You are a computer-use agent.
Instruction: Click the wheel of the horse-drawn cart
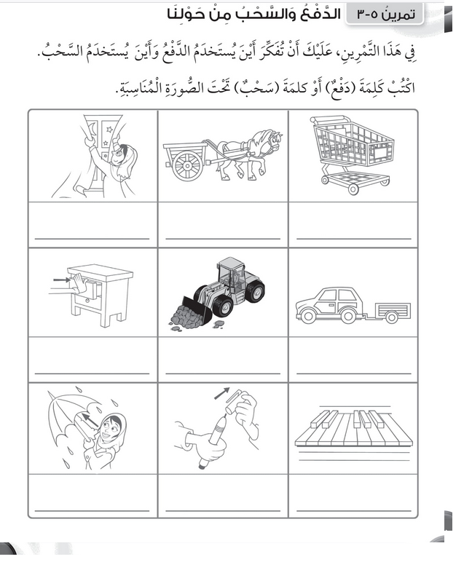(187, 166)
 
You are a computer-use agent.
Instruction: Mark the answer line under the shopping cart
(353, 238)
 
